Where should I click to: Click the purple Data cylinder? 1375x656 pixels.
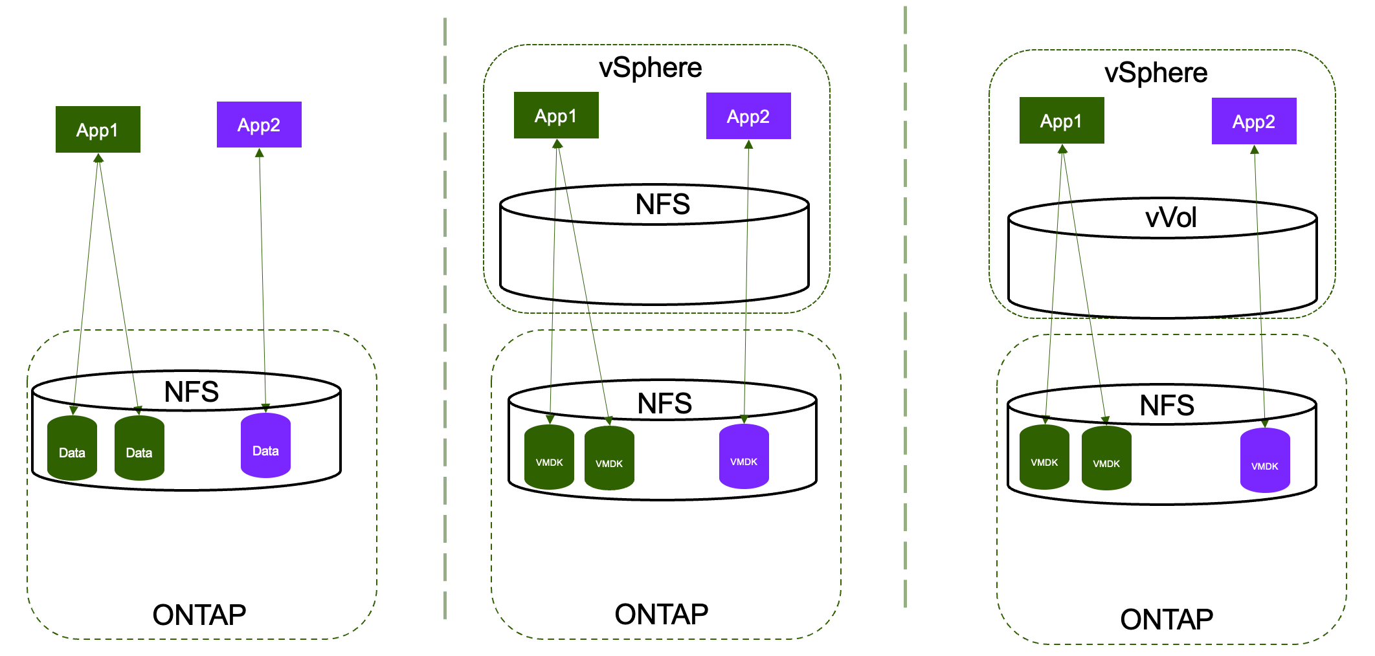click(x=265, y=446)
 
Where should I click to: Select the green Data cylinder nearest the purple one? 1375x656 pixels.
click(x=139, y=448)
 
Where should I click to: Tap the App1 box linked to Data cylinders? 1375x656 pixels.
click(x=98, y=129)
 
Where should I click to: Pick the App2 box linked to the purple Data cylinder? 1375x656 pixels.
click(x=259, y=124)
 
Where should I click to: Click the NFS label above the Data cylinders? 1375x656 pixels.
click(x=192, y=391)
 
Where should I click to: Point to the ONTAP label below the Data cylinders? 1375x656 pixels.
click(x=199, y=615)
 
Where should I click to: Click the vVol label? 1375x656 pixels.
click(x=1170, y=217)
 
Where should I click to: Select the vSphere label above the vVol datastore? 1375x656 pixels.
click(x=1156, y=72)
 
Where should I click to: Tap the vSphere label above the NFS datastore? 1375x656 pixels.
click(x=650, y=67)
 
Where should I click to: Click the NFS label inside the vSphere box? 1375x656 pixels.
click(x=663, y=204)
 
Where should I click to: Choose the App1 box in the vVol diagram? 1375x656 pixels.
click(x=1062, y=120)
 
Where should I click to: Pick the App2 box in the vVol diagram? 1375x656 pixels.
click(x=1254, y=121)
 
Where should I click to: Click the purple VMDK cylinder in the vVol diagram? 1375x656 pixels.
click(x=1265, y=460)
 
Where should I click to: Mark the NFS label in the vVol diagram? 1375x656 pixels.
click(x=1167, y=406)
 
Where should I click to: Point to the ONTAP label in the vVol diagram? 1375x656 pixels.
click(x=1167, y=619)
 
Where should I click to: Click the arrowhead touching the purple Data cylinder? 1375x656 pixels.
click(x=265, y=408)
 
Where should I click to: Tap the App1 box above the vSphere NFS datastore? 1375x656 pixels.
click(x=556, y=115)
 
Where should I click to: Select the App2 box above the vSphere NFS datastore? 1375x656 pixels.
click(x=748, y=116)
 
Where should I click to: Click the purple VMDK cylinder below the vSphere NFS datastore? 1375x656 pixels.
click(x=744, y=456)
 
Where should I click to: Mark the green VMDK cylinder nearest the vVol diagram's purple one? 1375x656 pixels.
click(x=1106, y=457)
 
